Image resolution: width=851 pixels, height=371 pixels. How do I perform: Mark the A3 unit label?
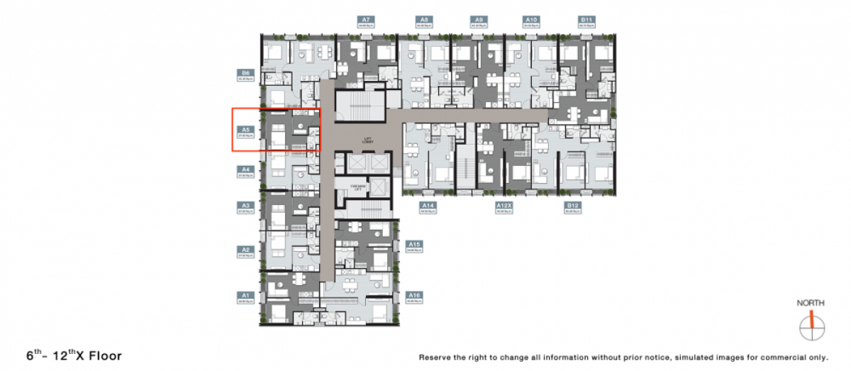coord(245,207)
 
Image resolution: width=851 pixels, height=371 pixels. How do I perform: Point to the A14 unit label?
coord(427,207)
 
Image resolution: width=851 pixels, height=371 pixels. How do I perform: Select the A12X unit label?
coord(504,207)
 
